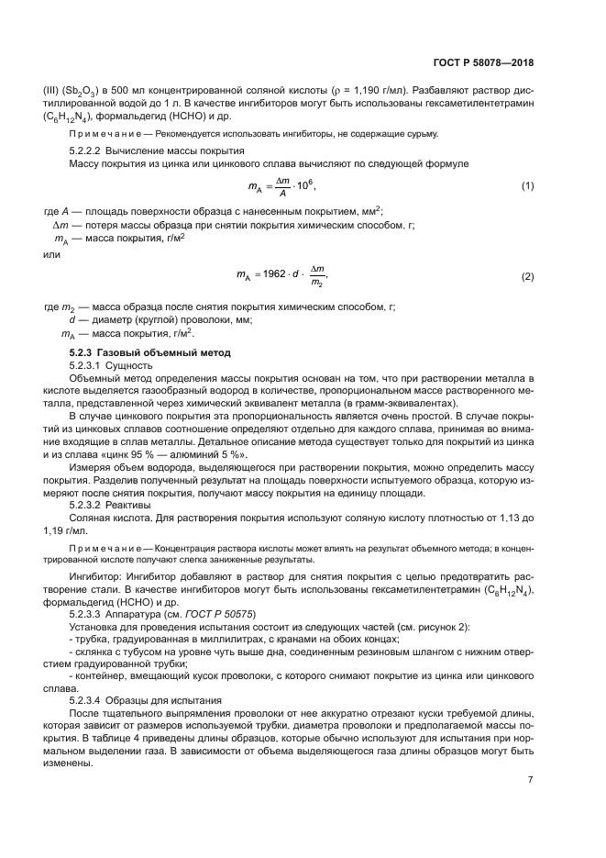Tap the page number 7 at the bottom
[530, 781]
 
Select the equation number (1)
[527, 186]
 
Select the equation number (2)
[527, 276]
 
